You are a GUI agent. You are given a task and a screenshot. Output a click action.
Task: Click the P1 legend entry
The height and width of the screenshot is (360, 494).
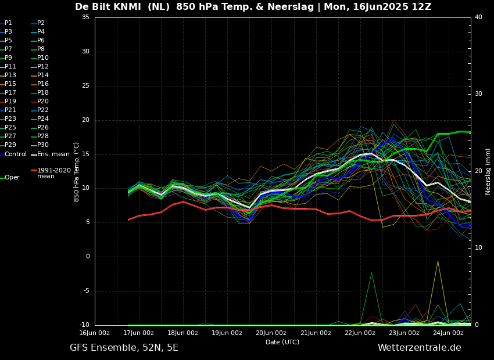[x=8, y=23]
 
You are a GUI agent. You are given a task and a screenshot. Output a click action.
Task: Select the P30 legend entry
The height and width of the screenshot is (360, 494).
[x=43, y=145]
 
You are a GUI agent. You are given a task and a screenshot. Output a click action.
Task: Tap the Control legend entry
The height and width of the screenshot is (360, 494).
[x=16, y=154]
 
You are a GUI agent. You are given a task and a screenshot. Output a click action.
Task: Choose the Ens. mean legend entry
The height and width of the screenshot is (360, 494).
[x=53, y=154]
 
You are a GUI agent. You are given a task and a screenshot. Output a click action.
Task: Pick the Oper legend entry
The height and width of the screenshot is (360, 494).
[x=12, y=178]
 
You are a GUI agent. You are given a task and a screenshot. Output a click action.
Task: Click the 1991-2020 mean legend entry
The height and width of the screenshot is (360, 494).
[x=53, y=173]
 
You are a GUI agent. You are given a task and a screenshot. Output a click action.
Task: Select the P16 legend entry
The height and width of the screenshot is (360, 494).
[x=43, y=84]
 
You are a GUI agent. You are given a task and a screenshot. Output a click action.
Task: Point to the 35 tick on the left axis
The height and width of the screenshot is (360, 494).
[x=85, y=17]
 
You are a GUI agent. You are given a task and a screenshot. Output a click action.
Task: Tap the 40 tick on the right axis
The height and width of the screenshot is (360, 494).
[x=478, y=17]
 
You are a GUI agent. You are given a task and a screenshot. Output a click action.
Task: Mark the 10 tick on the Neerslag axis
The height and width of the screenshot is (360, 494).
[x=478, y=248]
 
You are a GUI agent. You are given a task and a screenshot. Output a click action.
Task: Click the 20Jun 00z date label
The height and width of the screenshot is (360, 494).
[x=271, y=333]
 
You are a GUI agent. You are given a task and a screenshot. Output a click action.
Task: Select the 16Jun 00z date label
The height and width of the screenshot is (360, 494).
[x=95, y=333]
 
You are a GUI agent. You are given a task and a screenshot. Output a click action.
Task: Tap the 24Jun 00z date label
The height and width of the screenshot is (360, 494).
[x=449, y=333]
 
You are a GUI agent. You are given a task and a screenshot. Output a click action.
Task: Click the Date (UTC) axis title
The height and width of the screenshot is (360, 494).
[x=282, y=343]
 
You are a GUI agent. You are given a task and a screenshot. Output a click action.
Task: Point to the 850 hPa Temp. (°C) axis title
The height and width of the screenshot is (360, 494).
[x=77, y=171]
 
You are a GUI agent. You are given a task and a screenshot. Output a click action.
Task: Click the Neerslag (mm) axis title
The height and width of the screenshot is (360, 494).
[x=488, y=171]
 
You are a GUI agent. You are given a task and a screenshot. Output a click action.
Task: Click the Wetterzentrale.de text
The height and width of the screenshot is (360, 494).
[x=419, y=348]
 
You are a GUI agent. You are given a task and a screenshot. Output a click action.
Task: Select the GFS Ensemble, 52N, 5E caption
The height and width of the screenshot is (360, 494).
[x=124, y=348]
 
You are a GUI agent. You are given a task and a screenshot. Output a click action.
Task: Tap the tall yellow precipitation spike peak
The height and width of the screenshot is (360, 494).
[x=438, y=261]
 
